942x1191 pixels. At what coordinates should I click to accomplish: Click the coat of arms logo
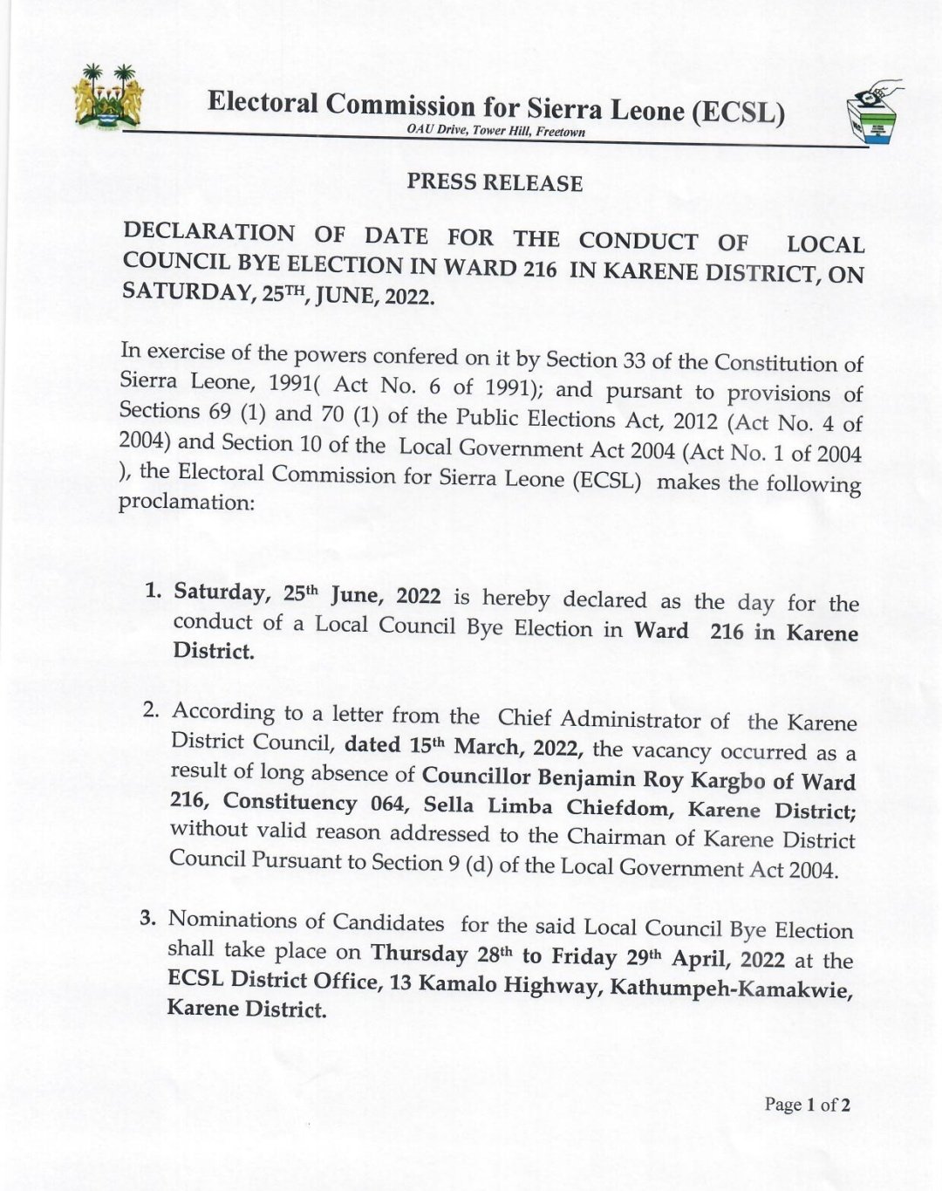point(107,98)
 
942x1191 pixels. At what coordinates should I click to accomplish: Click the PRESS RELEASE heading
point(495,182)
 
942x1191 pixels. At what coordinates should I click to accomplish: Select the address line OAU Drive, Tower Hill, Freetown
point(495,131)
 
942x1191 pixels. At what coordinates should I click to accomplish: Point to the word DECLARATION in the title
point(209,233)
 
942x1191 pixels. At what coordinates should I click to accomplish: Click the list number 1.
point(154,590)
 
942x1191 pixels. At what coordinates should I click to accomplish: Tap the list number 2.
point(151,709)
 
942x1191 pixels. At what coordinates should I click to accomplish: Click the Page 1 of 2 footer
point(807,1105)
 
